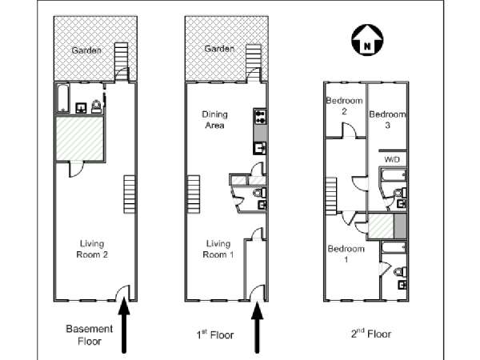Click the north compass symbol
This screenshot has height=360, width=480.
(367, 40)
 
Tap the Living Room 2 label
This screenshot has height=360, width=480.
(92, 249)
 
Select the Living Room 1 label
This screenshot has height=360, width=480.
(218, 249)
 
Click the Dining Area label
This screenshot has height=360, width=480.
(214, 120)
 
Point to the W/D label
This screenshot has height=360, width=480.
(392, 159)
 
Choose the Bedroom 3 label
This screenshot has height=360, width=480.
(387, 120)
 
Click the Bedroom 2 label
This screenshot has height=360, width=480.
(344, 106)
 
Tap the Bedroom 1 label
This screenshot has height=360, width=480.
(346, 254)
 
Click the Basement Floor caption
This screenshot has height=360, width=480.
(90, 335)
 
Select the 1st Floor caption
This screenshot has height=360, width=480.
(215, 334)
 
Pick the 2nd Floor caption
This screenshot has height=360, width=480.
(371, 334)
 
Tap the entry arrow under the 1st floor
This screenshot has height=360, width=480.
(257, 327)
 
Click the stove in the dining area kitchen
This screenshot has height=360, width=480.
(260, 117)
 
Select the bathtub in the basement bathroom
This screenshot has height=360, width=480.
(63, 98)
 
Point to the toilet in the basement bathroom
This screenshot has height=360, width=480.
(96, 106)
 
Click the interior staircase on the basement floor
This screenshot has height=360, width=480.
(130, 194)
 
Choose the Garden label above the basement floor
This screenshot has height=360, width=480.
(86, 50)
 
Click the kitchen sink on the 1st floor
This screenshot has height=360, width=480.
(260, 148)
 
